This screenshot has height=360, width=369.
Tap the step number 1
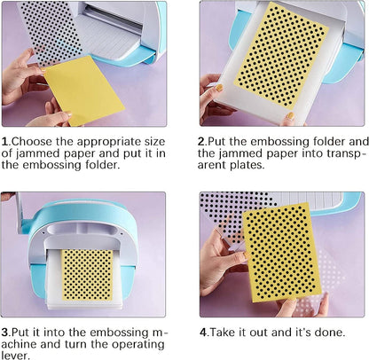click(4, 142)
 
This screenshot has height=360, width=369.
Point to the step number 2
click(201, 142)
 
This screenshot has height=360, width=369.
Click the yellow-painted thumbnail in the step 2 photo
click(218, 88)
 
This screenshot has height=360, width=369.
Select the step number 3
click(4, 333)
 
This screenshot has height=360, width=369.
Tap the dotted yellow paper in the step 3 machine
click(88, 275)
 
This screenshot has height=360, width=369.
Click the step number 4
click(203, 333)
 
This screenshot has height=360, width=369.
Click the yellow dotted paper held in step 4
click(282, 252)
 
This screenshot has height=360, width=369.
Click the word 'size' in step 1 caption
click(154, 142)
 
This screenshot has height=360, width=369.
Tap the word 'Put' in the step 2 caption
click(216, 142)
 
